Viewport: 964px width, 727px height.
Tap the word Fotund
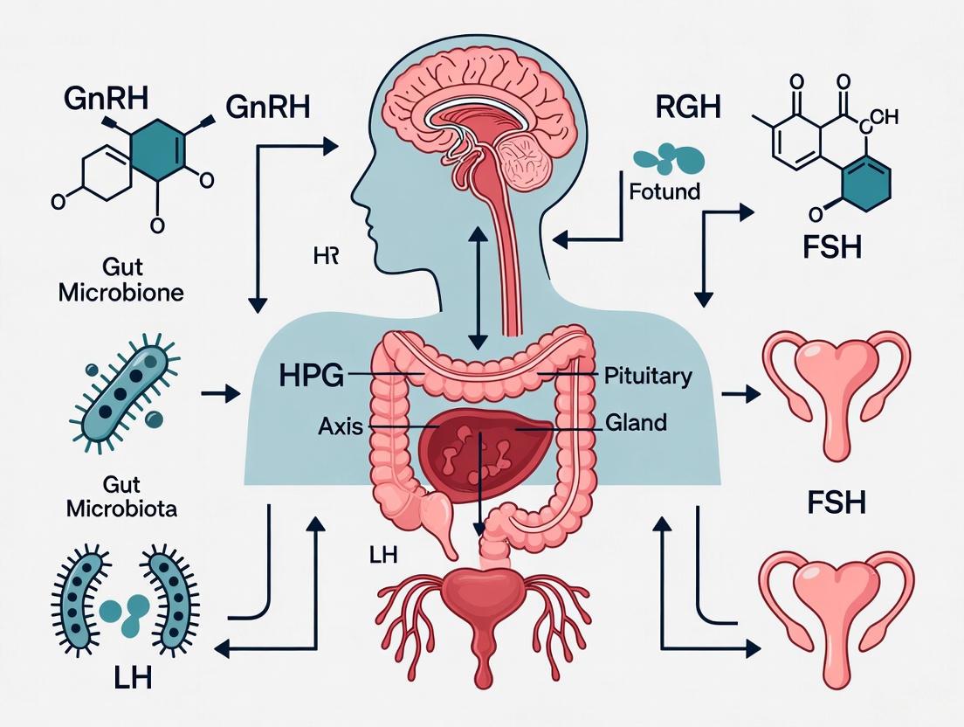(x=664, y=190)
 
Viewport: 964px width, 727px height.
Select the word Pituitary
(x=648, y=377)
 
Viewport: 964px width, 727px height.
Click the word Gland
(x=636, y=423)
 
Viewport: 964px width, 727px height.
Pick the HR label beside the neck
(x=325, y=256)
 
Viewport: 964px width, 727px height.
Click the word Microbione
(x=121, y=293)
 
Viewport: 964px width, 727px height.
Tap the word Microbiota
(x=120, y=509)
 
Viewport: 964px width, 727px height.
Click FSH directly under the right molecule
(x=831, y=247)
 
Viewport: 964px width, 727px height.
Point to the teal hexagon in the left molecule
(x=158, y=144)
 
